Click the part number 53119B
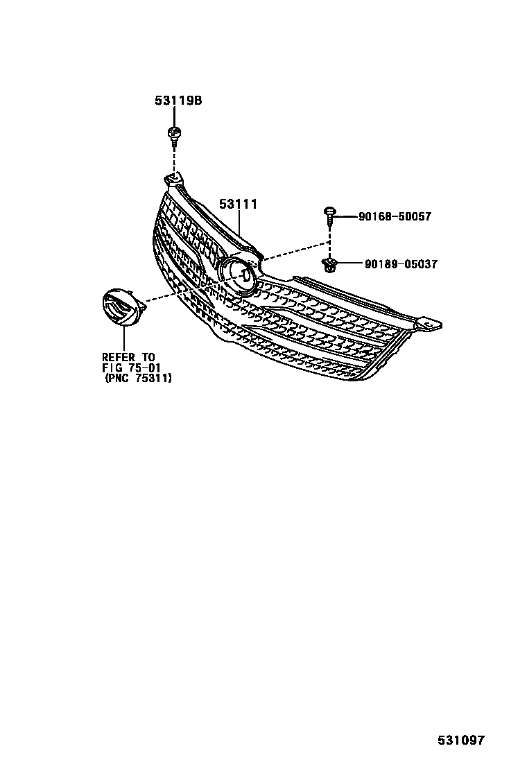(178, 101)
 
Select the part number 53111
(239, 204)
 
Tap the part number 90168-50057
(395, 217)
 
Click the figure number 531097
(460, 740)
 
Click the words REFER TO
(128, 357)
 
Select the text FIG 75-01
(131, 367)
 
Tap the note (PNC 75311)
(138, 379)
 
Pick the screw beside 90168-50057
(329, 214)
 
